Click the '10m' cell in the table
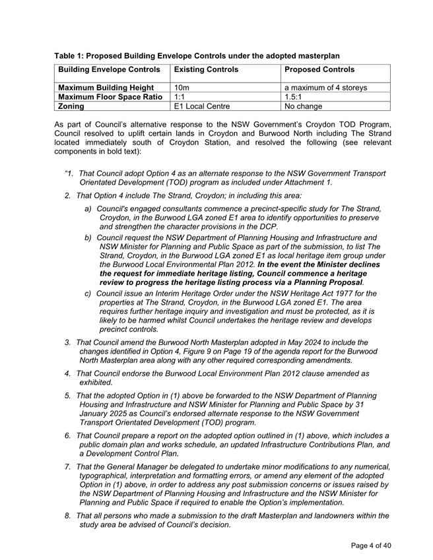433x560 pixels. point(181,86)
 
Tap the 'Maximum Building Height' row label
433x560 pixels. point(106,86)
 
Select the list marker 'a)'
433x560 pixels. point(88,208)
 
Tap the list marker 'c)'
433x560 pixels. point(88,293)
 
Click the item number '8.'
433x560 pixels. point(68,516)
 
